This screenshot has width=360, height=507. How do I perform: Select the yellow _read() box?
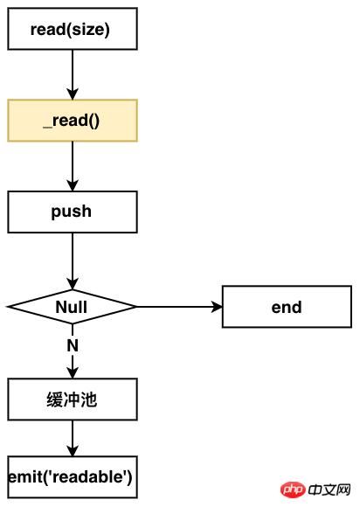click(x=72, y=121)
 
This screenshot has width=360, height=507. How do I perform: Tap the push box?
click(x=72, y=212)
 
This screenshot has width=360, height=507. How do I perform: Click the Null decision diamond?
click(x=72, y=307)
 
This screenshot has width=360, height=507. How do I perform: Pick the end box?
click(x=286, y=307)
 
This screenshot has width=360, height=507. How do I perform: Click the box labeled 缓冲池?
click(x=72, y=399)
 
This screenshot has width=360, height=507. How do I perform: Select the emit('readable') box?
click(x=72, y=476)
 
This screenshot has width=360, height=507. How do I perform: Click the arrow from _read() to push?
click(x=72, y=166)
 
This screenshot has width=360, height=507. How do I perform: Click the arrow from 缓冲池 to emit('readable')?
click(x=72, y=438)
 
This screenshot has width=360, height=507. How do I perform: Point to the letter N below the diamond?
click(x=73, y=345)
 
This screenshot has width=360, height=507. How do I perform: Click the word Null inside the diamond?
click(x=72, y=307)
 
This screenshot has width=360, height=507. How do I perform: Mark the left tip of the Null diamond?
click(x=9, y=307)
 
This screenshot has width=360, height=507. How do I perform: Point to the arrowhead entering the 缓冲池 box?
click(x=72, y=373)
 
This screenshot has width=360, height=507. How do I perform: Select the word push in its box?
click(x=72, y=212)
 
